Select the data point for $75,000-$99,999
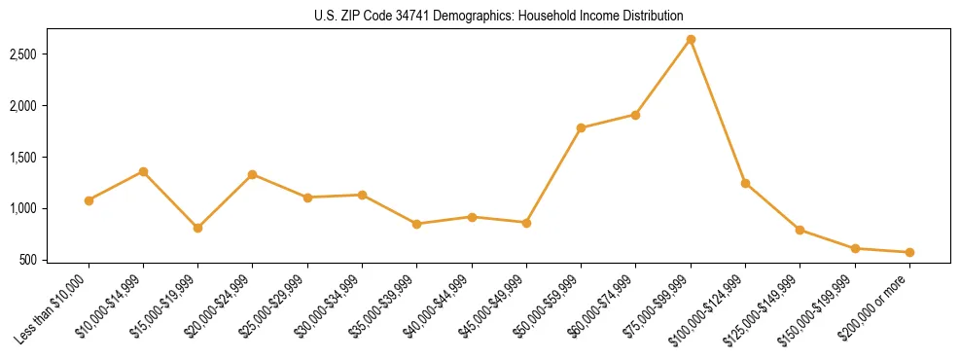[691, 39]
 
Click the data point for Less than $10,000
[89, 200]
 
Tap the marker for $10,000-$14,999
[143, 171]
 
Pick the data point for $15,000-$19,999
[198, 228]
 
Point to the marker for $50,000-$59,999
[581, 127]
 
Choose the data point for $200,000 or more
[909, 252]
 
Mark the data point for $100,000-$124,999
[745, 183]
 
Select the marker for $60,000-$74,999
[635, 115]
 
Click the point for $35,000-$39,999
[417, 224]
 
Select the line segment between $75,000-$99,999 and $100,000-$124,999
[718, 111]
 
